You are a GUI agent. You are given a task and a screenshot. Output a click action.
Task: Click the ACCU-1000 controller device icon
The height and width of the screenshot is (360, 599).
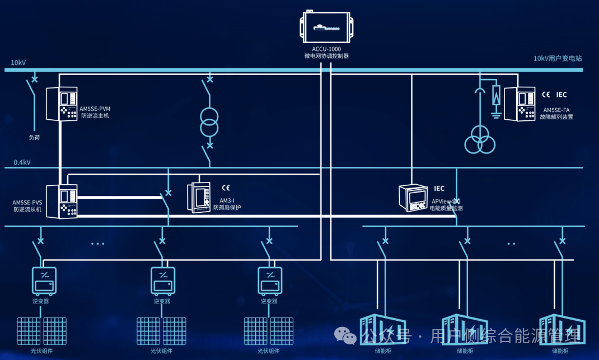327,27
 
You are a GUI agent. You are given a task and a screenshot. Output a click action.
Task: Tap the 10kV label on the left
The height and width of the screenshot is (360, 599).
18,62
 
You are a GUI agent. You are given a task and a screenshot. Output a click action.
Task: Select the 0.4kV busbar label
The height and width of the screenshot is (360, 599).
22,162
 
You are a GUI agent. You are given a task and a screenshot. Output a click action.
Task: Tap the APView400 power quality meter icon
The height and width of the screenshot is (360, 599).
413,198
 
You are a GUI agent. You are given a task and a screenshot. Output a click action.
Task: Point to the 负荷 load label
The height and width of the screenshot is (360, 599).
35,137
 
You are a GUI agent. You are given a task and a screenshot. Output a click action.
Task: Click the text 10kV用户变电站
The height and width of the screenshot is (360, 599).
558,58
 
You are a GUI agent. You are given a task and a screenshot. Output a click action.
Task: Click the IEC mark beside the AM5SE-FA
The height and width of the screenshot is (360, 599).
561,95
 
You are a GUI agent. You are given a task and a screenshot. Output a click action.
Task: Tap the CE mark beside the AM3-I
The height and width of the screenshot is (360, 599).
226,188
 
